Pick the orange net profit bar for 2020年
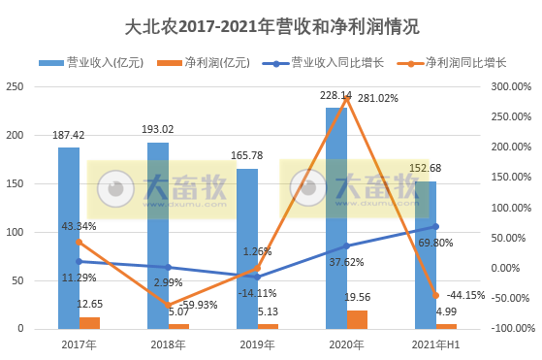coord(357,320)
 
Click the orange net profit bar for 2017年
coord(89,323)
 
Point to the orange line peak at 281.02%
coord(347,97)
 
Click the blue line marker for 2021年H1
coord(436,226)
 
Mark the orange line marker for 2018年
coord(169,305)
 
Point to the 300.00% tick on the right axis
coord(507,86)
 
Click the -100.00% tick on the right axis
coord(507,329)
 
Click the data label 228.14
coord(335,96)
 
